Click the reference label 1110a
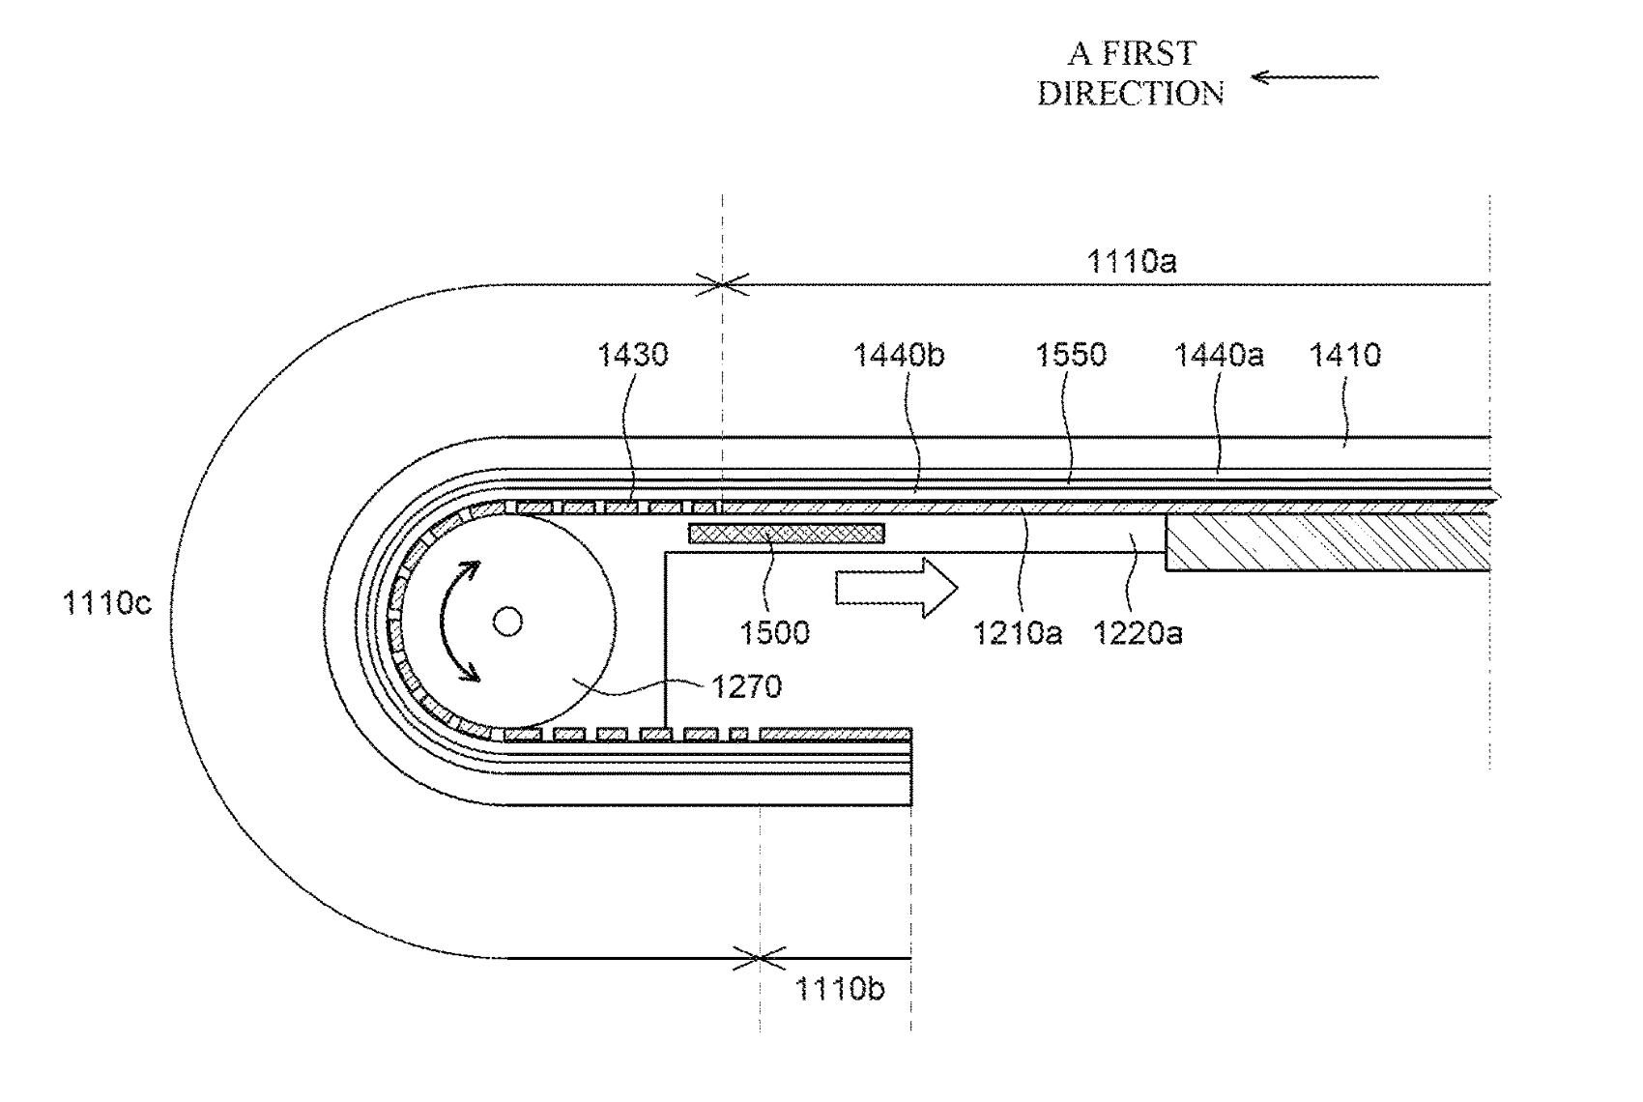pyautogui.click(x=1132, y=261)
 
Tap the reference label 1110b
pyautogui.click(x=839, y=989)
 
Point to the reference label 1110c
pyautogui.click(x=106, y=603)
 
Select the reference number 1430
pyautogui.click(x=632, y=355)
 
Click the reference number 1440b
pyautogui.click(x=898, y=355)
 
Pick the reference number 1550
pyautogui.click(x=1070, y=355)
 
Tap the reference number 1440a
pyautogui.click(x=1218, y=355)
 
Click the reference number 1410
pyautogui.click(x=1344, y=355)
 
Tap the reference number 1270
pyautogui.click(x=746, y=686)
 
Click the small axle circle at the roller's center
pyautogui.click(x=507, y=622)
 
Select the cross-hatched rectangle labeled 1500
pyautogui.click(x=786, y=533)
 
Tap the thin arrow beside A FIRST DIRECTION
pyautogui.click(x=1314, y=77)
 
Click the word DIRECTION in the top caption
pyautogui.click(x=1131, y=94)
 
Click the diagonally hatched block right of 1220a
pyautogui.click(x=1327, y=541)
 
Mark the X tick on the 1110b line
pyautogui.click(x=759, y=958)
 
